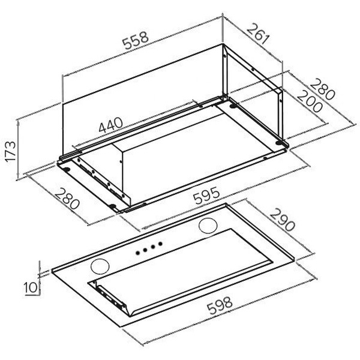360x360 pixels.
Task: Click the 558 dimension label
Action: click(136, 40)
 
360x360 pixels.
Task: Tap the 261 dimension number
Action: click(258, 34)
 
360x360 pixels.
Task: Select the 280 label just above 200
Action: click(322, 89)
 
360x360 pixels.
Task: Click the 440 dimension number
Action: click(110, 125)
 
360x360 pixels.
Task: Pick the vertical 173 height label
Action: click(11, 152)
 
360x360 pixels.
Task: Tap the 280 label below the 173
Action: click(67, 199)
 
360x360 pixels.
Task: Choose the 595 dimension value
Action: click(206, 195)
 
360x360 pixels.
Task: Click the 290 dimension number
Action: click(282, 220)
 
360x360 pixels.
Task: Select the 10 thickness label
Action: click(31, 287)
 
